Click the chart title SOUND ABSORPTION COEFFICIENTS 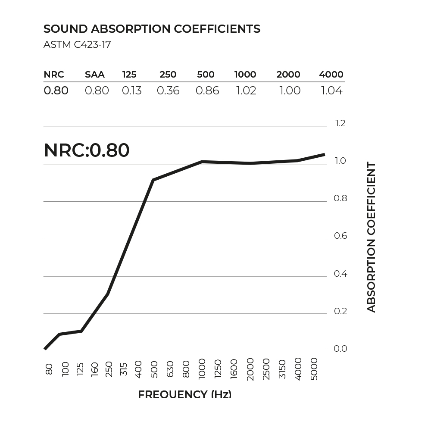pyautogui.click(x=152, y=29)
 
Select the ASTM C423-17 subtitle pyautogui.click(x=77, y=44)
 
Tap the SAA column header pyautogui.click(x=95, y=75)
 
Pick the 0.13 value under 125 pyautogui.click(x=131, y=91)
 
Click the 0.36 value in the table pyautogui.click(x=168, y=91)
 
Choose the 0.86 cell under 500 pyautogui.click(x=207, y=91)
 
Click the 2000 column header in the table pyautogui.click(x=288, y=75)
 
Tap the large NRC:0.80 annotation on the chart pyautogui.click(x=87, y=151)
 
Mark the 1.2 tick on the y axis pyautogui.click(x=340, y=124)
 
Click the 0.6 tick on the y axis pyautogui.click(x=340, y=236)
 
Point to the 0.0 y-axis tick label pyautogui.click(x=340, y=349)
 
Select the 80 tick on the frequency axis pyautogui.click(x=49, y=369)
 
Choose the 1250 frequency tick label pyautogui.click(x=218, y=369)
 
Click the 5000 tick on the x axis pyautogui.click(x=314, y=369)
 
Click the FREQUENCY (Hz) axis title pyautogui.click(x=184, y=395)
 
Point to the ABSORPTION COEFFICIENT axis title pyautogui.click(x=372, y=237)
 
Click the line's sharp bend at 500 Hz pyautogui.click(x=153, y=180)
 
